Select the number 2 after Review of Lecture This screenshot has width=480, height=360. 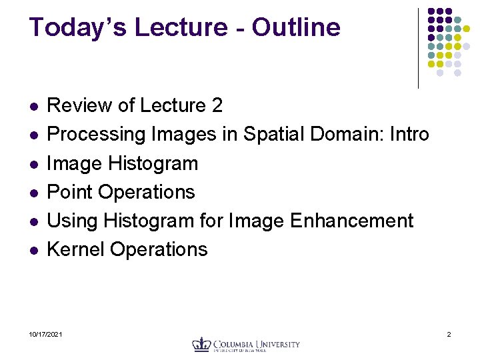pos(217,105)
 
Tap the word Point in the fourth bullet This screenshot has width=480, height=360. pos(70,192)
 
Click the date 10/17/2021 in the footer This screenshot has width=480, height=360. pos(46,333)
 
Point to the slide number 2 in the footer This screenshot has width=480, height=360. pos(449,333)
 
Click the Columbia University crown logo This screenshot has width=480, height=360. pos(201,344)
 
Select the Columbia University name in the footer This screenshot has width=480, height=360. pos(256,345)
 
